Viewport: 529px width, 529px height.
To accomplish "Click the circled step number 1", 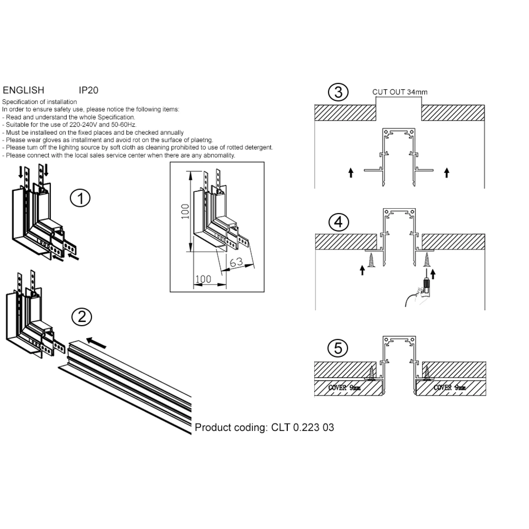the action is [x=80, y=198].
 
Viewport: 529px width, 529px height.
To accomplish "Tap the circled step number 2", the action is [x=81, y=317].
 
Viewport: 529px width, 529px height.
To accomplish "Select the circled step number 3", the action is [x=338, y=92].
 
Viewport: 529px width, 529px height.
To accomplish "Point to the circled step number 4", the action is [x=338, y=222].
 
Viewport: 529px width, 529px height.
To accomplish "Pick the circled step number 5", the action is [x=338, y=348].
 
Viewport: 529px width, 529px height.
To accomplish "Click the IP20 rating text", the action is [x=89, y=90].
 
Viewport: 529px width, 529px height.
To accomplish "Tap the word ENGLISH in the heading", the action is [x=24, y=90].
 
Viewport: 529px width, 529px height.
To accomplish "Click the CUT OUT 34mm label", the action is [x=400, y=92].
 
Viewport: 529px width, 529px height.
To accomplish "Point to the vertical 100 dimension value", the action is [x=186, y=211].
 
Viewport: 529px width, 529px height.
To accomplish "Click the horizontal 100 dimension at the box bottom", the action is [x=203, y=279].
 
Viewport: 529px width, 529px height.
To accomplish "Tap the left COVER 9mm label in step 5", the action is [x=344, y=388].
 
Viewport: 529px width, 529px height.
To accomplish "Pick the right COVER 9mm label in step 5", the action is [x=450, y=388].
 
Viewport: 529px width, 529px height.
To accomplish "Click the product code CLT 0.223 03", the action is [x=303, y=427].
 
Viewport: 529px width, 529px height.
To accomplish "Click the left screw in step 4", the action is [x=371, y=260].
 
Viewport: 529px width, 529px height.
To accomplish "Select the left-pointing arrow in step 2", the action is [x=97, y=342].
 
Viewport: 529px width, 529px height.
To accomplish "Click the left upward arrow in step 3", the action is [x=351, y=172].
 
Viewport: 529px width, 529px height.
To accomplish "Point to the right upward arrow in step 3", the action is [x=447, y=172].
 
